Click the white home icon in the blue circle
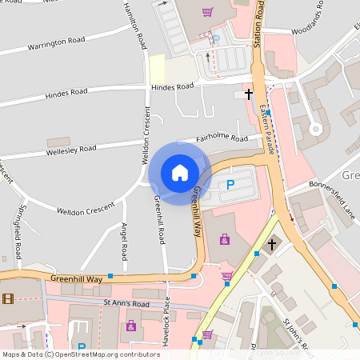pos(180,172)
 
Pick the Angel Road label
pos(124,242)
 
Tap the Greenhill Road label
pos(160,219)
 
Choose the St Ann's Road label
pos(126,303)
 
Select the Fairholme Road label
pos(222,138)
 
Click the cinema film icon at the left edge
pos(8,298)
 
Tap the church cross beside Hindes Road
pos(248,94)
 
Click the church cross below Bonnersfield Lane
pos(272,242)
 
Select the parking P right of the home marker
pos(230,186)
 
